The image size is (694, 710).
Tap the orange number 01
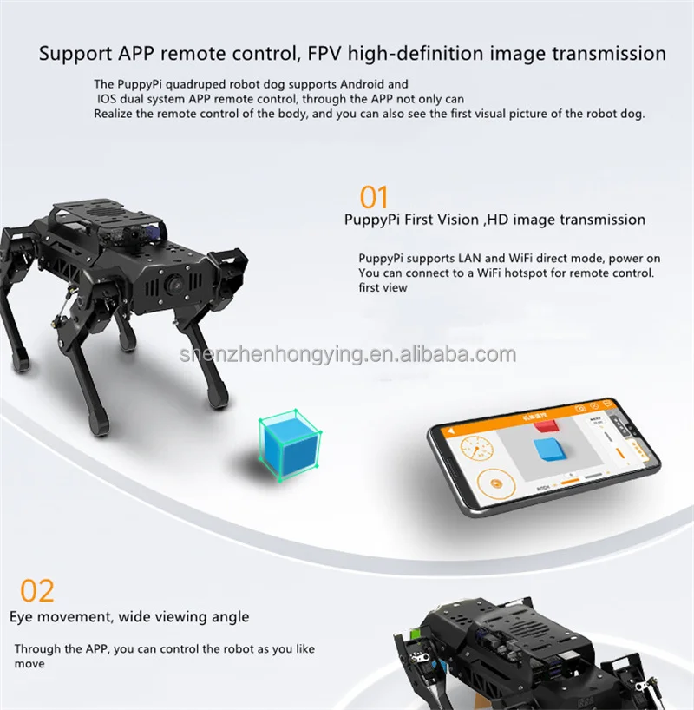pos(374,198)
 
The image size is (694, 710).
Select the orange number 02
pos(37,591)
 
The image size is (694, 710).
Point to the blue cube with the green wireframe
pos(290,444)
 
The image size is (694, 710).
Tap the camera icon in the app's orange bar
pos(579,408)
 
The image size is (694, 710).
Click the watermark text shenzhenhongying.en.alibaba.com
pos(347,354)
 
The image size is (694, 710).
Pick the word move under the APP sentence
pos(29,664)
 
